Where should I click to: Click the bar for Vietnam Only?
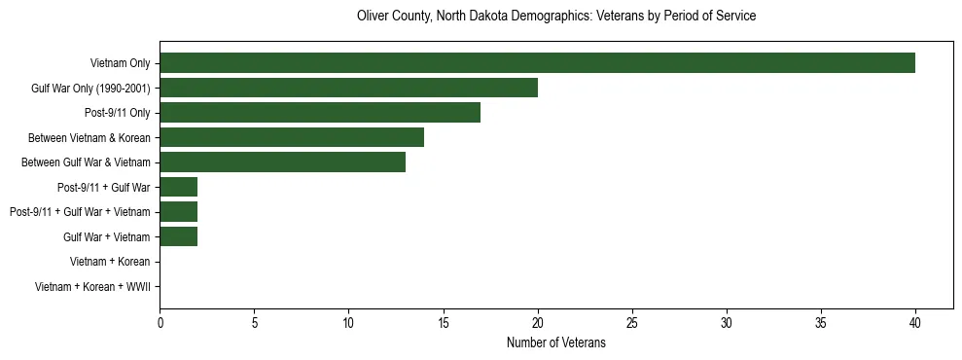(x=537, y=63)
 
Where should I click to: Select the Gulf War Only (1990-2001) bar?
(x=348, y=89)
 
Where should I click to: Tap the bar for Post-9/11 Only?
(x=320, y=113)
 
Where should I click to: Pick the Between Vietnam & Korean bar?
(x=292, y=137)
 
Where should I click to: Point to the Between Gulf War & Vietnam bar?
(x=282, y=162)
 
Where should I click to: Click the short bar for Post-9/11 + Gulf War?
(x=178, y=187)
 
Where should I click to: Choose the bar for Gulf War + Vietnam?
(x=178, y=236)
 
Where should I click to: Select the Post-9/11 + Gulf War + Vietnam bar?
(x=178, y=212)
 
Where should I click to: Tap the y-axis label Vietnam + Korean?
(x=110, y=262)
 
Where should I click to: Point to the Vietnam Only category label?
(x=120, y=64)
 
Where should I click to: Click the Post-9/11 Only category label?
(x=118, y=114)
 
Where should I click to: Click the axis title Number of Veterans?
(x=555, y=342)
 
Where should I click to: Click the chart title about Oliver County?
(x=556, y=17)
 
